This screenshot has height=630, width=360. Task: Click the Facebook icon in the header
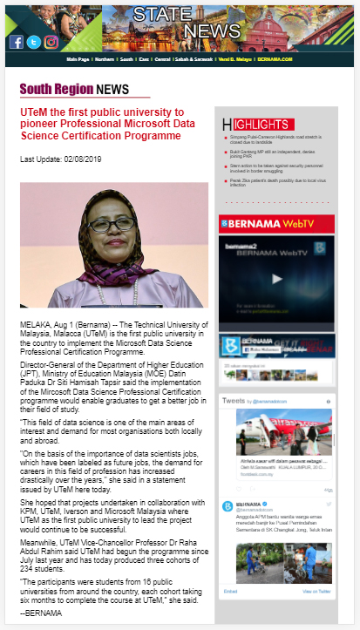pyautogui.click(x=17, y=42)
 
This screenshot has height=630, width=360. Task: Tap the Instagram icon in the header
pyautogui.click(x=51, y=42)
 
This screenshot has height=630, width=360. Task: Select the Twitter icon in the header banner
pyautogui.click(x=33, y=42)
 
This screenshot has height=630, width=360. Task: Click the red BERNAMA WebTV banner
pyautogui.click(x=275, y=224)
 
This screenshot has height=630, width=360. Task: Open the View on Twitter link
pyautogui.click(x=316, y=591)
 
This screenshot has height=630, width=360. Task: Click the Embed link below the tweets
pyautogui.click(x=231, y=591)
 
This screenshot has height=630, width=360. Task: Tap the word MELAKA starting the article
pyautogui.click(x=35, y=322)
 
